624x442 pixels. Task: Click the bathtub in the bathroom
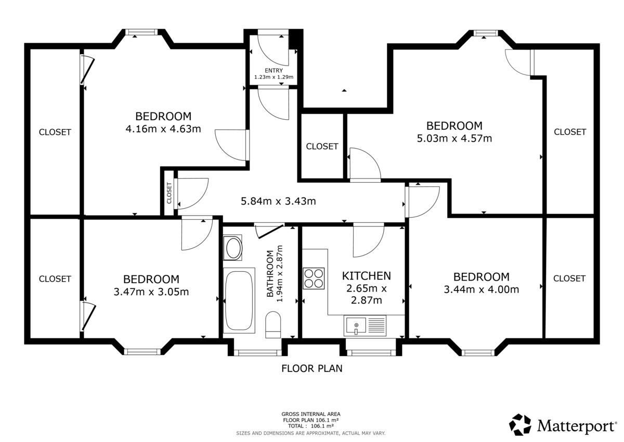click(x=239, y=300)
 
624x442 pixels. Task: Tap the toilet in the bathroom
click(x=273, y=325)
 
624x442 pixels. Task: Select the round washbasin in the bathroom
click(x=233, y=248)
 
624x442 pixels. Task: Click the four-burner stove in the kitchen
click(x=314, y=279)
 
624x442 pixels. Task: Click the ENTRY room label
click(x=274, y=71)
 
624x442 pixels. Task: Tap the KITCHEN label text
click(x=366, y=276)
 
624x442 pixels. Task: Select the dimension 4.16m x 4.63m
click(x=163, y=129)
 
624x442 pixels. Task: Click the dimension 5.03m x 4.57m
click(x=454, y=138)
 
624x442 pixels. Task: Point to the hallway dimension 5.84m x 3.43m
click(x=278, y=201)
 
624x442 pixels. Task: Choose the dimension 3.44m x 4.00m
click(x=482, y=289)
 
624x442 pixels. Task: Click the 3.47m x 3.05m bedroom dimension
click(x=151, y=292)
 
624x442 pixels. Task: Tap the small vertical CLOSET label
click(x=169, y=193)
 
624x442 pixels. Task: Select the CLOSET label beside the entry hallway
click(x=322, y=146)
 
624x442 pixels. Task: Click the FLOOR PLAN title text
click(x=311, y=369)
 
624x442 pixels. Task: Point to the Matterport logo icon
click(x=520, y=424)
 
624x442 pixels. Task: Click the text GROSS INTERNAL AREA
click(x=311, y=414)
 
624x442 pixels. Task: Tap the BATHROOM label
click(x=270, y=273)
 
